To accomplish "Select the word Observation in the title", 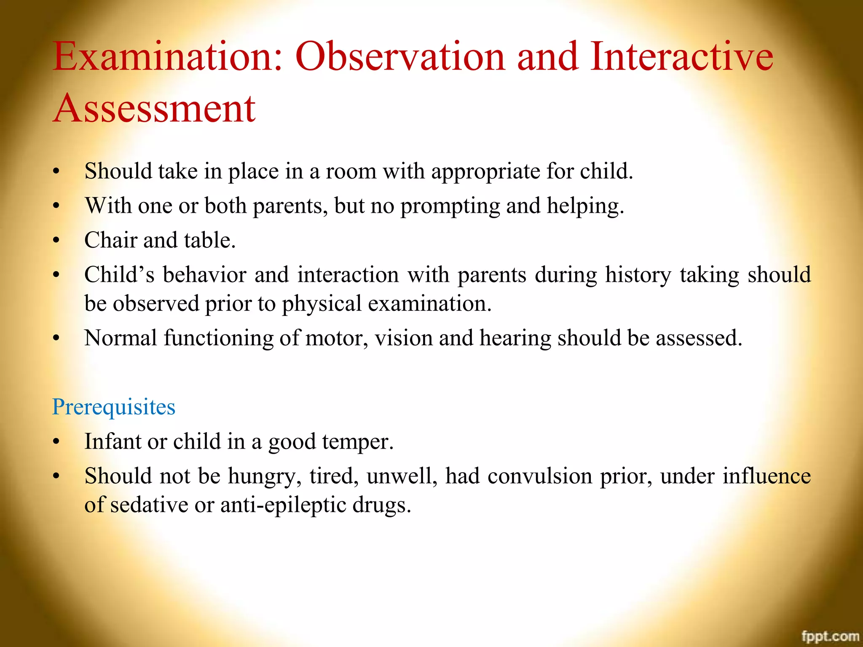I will click(400, 56).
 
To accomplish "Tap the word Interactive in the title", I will click(681, 56).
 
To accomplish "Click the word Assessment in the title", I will click(154, 108).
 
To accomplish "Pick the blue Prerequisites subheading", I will click(113, 407).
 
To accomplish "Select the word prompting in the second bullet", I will click(450, 206).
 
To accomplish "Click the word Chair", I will click(110, 240).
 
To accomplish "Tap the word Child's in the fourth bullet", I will click(119, 275).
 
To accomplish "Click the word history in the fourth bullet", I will click(638, 275).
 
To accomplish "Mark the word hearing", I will click(515, 339).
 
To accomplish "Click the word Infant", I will click(113, 441).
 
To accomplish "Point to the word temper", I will click(357, 442).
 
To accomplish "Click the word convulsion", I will click(540, 476).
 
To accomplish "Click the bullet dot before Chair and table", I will click(56, 241).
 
